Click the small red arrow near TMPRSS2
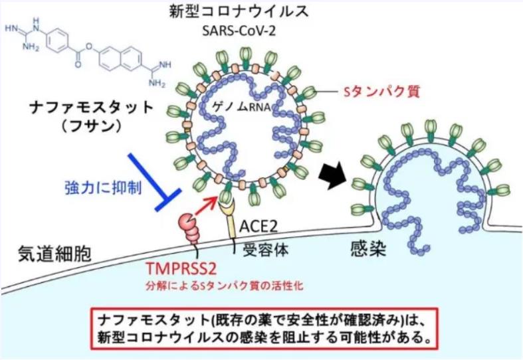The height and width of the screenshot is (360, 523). pos(207,203)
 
